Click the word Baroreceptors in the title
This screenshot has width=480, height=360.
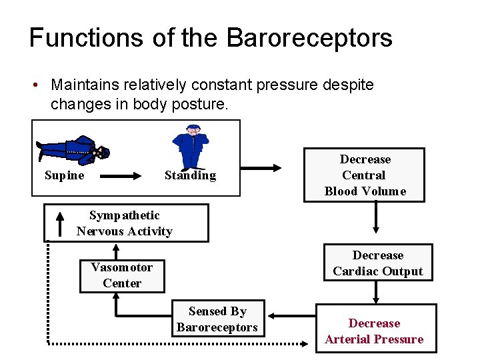point(309,38)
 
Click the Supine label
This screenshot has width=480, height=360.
point(64,175)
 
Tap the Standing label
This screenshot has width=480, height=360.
point(190,175)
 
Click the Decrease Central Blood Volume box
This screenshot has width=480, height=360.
point(365,175)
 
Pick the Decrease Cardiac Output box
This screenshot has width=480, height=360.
point(377,263)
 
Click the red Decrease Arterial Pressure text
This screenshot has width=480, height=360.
point(374,331)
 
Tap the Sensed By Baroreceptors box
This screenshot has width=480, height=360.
point(217,319)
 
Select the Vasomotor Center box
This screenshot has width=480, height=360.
point(121,275)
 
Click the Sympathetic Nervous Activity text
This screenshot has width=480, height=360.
point(125,223)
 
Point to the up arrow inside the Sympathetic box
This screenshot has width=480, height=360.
point(60,223)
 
